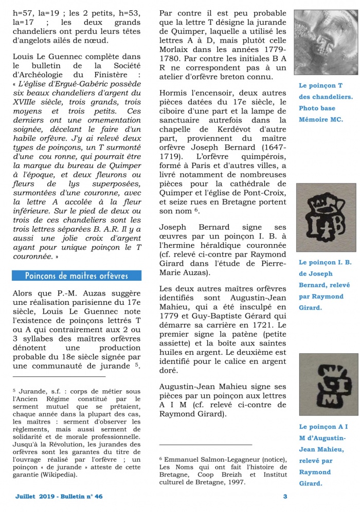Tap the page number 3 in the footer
(285, 496)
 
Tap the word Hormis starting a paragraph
(173, 93)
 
